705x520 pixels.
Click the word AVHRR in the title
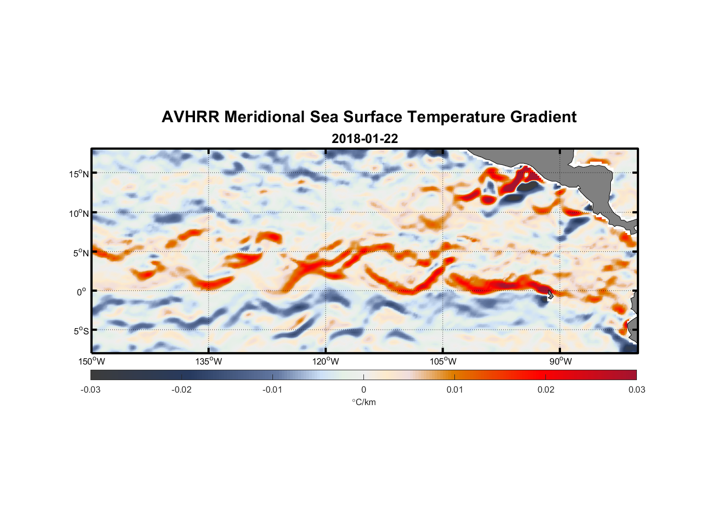click(x=190, y=117)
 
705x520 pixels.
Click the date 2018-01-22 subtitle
click(x=364, y=139)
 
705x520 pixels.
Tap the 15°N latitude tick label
click(x=79, y=174)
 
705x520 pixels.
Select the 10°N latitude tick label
click(x=79, y=213)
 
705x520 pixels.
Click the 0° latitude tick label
click(x=82, y=292)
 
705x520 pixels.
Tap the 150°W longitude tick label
click(x=92, y=361)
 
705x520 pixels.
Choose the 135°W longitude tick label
click(x=208, y=361)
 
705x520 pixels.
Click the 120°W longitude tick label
click(x=325, y=361)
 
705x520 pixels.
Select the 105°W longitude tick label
click(x=443, y=361)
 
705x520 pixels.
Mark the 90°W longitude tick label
click(x=560, y=361)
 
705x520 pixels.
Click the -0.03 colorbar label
click(x=90, y=389)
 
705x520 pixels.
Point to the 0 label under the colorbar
click(x=363, y=389)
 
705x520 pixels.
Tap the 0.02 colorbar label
click(x=545, y=389)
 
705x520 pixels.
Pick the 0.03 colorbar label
click(x=636, y=389)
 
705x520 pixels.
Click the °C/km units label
click(x=363, y=402)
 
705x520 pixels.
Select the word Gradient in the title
click(x=543, y=117)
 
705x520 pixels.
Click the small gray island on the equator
click(x=550, y=295)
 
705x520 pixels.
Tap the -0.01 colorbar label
click(x=272, y=389)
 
